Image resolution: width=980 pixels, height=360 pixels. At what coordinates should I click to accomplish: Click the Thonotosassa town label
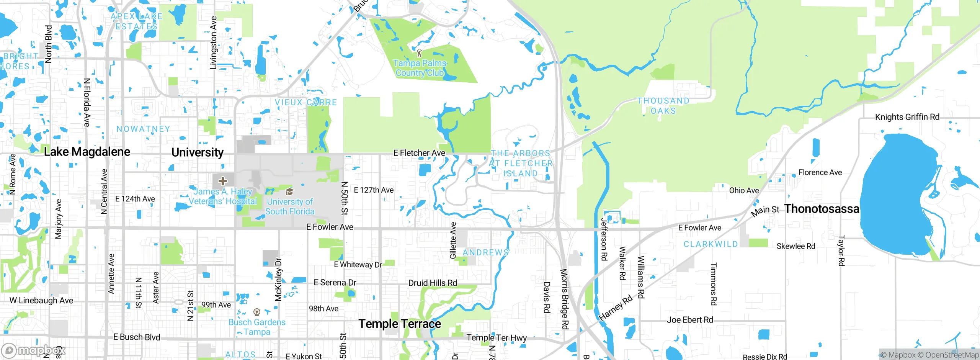pyautogui.click(x=822, y=209)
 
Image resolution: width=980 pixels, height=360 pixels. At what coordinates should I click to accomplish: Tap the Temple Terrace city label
pyautogui.click(x=400, y=324)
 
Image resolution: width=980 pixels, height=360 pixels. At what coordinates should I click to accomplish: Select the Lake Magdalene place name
pyautogui.click(x=87, y=152)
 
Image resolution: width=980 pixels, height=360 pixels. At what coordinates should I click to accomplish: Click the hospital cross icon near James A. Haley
pyautogui.click(x=223, y=181)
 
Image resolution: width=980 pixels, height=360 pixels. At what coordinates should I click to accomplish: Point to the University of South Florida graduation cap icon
pyautogui.click(x=290, y=191)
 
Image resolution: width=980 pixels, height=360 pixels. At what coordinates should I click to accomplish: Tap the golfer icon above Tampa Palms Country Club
pyautogui.click(x=419, y=53)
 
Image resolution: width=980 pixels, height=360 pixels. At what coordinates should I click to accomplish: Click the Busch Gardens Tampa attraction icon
pyautogui.click(x=257, y=312)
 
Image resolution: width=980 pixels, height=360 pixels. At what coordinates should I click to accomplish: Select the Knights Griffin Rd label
pyautogui.click(x=907, y=117)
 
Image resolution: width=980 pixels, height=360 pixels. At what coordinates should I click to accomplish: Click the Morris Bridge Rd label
pyautogui.click(x=565, y=299)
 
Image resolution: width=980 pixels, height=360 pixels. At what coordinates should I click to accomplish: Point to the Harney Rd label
pyautogui.click(x=615, y=308)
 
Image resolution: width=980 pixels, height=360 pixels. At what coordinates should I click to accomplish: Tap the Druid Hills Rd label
pyautogui.click(x=433, y=283)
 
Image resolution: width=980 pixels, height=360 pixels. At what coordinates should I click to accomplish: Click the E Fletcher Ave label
pyautogui.click(x=419, y=153)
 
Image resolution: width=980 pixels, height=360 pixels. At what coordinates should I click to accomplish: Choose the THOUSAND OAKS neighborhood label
pyautogui.click(x=663, y=106)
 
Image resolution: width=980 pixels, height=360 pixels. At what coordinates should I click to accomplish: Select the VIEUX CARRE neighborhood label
pyautogui.click(x=306, y=102)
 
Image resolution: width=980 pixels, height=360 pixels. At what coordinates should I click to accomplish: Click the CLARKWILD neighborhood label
pyautogui.click(x=710, y=244)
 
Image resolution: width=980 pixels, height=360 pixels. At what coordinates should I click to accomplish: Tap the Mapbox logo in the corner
pyautogui.click(x=33, y=350)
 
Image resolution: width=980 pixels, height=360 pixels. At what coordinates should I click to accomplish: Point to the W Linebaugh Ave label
pyautogui.click(x=41, y=301)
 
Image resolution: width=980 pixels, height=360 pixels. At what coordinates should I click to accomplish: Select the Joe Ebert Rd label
pyautogui.click(x=690, y=320)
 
